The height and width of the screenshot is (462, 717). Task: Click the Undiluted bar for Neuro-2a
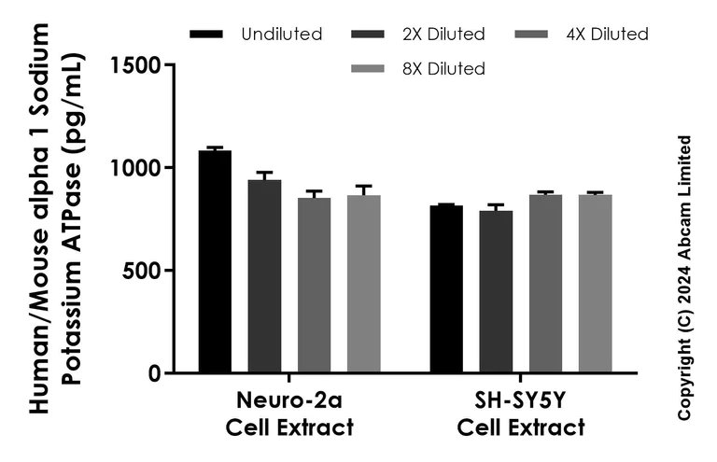coord(215,262)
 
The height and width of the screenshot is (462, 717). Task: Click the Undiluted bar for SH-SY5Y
coord(446,289)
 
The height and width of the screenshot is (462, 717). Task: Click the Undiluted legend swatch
coord(206,35)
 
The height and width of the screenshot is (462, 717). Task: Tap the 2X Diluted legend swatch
coord(369,35)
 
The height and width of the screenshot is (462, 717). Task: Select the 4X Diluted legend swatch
coord(532,35)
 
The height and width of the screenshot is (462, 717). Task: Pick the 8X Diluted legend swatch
coord(369,68)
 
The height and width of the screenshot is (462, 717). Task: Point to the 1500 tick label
coord(138,65)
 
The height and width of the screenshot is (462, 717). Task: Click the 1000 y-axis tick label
coord(138,168)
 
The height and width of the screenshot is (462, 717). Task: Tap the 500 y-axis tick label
coord(145,271)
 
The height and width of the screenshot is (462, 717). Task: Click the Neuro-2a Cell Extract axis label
coord(289,415)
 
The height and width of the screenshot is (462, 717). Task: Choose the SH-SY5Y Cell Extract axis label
coord(521,415)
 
